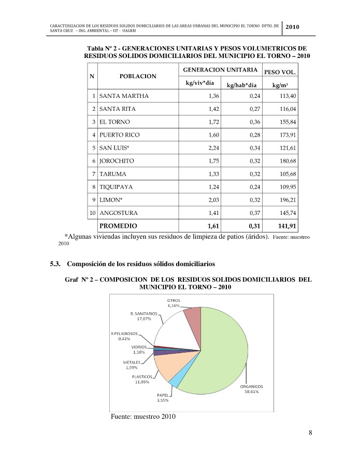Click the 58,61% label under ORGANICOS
pos(251,391)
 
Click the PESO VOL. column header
pos(280,72)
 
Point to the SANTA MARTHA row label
pos(124,96)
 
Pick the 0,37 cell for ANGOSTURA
pos(253,213)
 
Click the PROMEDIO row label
pos(118,226)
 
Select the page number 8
pos(310,433)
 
